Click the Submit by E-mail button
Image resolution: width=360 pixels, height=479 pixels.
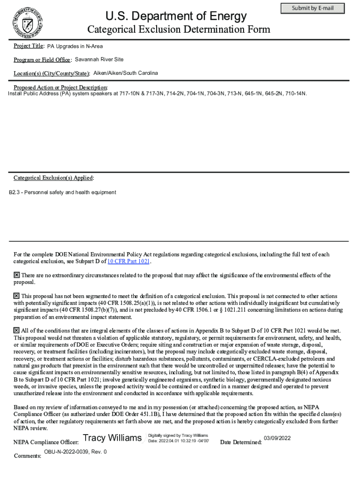click(312, 8)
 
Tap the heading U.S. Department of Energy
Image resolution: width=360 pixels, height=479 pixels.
click(176, 16)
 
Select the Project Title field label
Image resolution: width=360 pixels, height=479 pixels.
click(29, 46)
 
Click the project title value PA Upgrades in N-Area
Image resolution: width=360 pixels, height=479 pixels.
click(75, 46)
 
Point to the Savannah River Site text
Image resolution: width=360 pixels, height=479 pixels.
click(99, 60)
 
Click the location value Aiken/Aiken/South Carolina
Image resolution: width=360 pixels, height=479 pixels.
click(125, 73)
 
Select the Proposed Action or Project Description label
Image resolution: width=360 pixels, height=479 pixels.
click(60, 87)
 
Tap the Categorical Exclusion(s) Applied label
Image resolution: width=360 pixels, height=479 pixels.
click(53, 178)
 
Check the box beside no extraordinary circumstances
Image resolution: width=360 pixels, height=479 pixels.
click(16, 276)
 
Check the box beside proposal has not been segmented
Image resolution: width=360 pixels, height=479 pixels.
click(16, 296)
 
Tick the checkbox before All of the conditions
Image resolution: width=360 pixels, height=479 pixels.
click(16, 331)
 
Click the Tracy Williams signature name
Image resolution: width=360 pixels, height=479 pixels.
click(112, 438)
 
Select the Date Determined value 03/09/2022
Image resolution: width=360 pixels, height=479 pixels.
click(277, 438)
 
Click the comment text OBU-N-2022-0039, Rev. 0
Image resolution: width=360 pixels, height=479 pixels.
click(75, 452)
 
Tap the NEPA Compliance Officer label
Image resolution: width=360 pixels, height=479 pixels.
click(46, 442)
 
